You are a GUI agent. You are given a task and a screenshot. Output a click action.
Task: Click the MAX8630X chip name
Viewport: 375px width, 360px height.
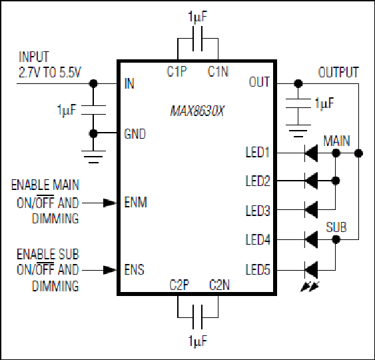tap(197, 111)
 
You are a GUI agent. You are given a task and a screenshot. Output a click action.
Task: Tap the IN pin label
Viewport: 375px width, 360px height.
tap(129, 83)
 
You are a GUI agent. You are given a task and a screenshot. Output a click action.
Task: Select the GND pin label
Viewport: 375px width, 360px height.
tap(135, 134)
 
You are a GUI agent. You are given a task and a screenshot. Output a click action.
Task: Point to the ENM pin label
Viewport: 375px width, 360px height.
tap(136, 203)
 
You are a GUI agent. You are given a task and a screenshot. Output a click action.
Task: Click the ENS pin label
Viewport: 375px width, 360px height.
tap(134, 269)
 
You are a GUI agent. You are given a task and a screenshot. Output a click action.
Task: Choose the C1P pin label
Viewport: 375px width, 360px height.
tap(177, 71)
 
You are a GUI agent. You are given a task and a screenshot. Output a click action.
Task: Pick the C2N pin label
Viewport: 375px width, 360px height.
tap(219, 285)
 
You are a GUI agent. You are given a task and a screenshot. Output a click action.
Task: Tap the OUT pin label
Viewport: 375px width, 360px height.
tap(259, 82)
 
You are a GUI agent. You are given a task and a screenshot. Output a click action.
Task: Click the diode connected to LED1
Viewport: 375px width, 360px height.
tap(311, 153)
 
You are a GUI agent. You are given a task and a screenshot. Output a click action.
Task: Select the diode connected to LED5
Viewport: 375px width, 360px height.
tap(311, 270)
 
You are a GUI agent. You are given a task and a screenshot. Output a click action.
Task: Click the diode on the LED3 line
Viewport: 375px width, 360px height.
tap(311, 210)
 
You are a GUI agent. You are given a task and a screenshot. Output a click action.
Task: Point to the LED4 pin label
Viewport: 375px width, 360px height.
tap(258, 239)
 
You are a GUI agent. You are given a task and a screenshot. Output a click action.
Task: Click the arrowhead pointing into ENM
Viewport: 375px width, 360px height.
tap(110, 203)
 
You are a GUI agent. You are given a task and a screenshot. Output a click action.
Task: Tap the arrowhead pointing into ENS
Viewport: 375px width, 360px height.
tap(110, 270)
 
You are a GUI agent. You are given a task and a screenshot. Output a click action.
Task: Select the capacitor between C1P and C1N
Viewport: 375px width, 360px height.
tap(198, 39)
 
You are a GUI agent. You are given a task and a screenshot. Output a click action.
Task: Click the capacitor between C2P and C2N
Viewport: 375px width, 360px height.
tap(198, 317)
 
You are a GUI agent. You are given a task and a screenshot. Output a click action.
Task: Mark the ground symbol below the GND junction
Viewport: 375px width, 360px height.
tap(93, 157)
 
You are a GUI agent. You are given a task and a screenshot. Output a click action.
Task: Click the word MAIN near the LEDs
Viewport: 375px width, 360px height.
tap(336, 141)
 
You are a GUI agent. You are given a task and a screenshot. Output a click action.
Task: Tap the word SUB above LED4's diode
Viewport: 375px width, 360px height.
tap(336, 227)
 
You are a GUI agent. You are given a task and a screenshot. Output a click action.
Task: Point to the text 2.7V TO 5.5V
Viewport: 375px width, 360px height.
tap(50, 72)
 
